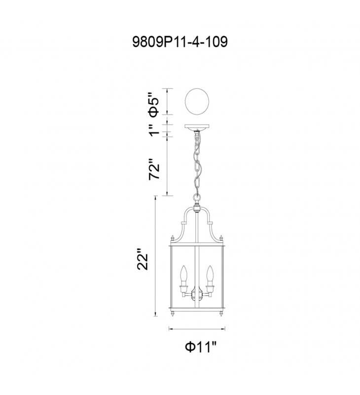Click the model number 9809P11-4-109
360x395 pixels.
pyautogui.click(x=180, y=42)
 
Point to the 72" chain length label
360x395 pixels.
pyautogui.click(x=154, y=169)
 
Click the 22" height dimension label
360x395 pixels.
pyautogui.click(x=143, y=260)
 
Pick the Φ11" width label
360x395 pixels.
pyautogui.click(x=201, y=348)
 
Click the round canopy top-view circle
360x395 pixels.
pyautogui.click(x=197, y=102)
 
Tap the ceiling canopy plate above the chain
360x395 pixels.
pyautogui.click(x=197, y=126)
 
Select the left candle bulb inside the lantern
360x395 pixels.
pyautogui.click(x=184, y=276)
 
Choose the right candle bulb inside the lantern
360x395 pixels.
pyautogui.click(x=210, y=276)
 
